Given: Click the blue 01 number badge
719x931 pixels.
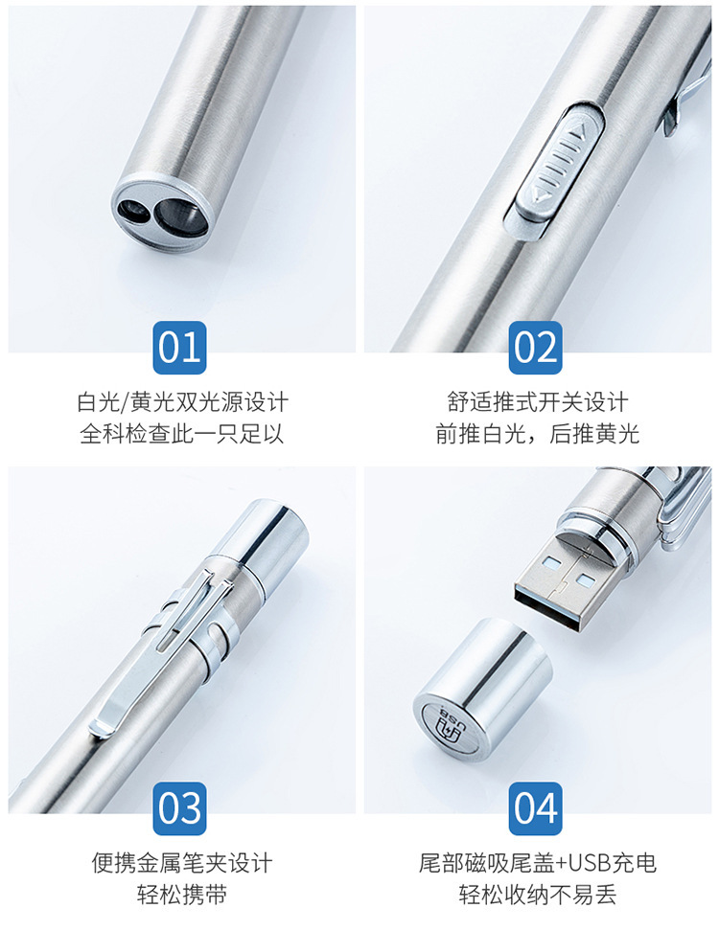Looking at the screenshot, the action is coord(179,348).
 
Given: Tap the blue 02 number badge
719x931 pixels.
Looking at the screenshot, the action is coord(535,348).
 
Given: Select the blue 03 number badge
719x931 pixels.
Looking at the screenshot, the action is coord(179,808).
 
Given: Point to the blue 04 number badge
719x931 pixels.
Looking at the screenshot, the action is coord(535,808).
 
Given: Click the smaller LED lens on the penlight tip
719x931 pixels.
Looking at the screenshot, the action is coord(132,211).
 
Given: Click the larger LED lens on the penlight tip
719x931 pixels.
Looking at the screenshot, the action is coord(180,216).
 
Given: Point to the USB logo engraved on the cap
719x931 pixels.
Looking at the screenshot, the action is coord(452,725).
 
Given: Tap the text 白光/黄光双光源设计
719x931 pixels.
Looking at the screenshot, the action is coord(182,402).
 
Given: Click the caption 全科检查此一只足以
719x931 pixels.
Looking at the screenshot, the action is coord(182,434).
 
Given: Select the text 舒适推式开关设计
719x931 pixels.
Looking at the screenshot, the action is coord(537,402).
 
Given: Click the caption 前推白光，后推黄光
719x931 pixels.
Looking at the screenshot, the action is coord(537,434).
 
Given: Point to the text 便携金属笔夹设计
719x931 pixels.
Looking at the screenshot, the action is coord(182,863).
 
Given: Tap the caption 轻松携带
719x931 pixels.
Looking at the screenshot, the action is coord(182,895).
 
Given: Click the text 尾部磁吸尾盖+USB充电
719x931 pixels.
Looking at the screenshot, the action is coord(537,863).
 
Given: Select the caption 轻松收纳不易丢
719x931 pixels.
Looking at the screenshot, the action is coord(537,895).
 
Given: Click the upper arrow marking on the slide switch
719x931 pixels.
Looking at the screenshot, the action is coord(581,129).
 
